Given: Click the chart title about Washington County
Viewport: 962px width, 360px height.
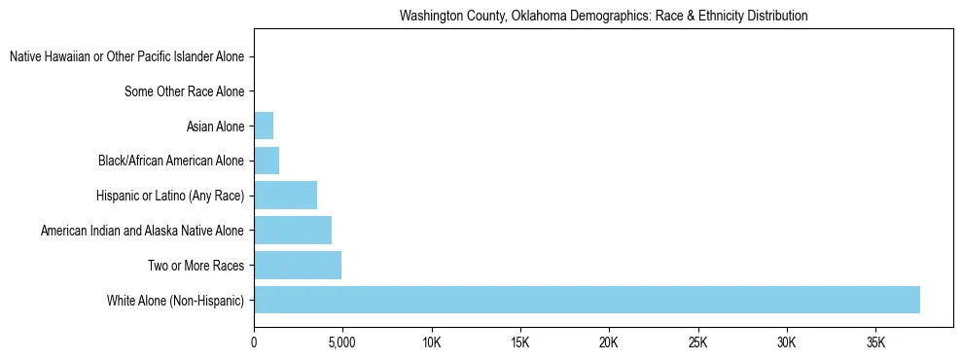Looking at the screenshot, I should [603, 17].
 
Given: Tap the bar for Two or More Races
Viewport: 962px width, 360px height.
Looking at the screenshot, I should [298, 265].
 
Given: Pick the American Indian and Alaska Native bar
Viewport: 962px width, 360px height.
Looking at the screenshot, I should [293, 231].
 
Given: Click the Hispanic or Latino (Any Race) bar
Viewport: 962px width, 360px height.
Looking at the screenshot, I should [285, 196].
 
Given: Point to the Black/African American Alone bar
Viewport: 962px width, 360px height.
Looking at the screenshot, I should [267, 161].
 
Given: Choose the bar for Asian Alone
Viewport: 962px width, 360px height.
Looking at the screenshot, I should [264, 126].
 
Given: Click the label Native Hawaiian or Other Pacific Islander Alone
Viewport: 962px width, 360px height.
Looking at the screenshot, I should [127, 57].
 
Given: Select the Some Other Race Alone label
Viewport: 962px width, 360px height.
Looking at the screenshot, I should [185, 92].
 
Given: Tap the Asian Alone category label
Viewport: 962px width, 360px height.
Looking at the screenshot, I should [216, 126].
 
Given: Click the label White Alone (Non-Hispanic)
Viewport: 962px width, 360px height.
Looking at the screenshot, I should [176, 300].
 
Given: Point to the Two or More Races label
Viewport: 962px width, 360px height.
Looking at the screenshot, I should [201, 265].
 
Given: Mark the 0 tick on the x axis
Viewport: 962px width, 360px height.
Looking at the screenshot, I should [254, 343].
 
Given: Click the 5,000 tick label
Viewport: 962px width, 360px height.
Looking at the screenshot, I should [342, 343].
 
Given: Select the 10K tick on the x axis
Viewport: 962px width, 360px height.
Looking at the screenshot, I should [432, 343].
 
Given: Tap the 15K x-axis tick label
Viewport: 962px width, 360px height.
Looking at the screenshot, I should [520, 343].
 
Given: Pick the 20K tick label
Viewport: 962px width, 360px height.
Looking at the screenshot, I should [609, 343].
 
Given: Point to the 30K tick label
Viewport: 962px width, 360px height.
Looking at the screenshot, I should [787, 343].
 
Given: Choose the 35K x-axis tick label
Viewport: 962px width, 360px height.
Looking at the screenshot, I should [875, 343].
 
